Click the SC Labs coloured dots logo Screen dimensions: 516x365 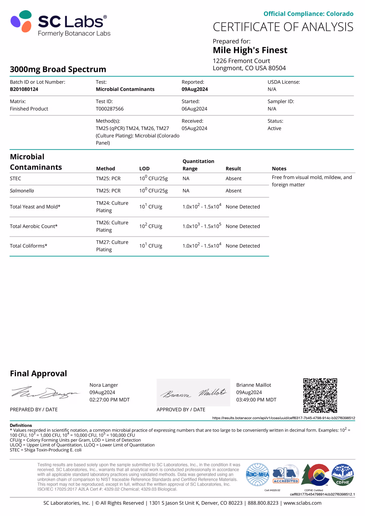tap(21, 21)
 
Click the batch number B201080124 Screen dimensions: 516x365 tap(24, 89)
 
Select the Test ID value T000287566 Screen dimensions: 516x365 tap(109, 109)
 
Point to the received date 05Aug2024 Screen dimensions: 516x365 tap(194, 128)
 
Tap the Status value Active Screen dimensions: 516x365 tap(274, 128)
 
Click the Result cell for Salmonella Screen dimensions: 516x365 tap(233, 191)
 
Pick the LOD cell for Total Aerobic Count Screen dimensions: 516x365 tap(151, 226)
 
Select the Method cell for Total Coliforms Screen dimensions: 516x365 tap(112, 246)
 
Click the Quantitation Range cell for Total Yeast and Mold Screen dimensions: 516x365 tap(202, 207)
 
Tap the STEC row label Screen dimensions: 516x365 tap(15, 179)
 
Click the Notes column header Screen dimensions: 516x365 tap(279, 169)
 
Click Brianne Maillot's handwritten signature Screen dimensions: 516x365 tap(193, 393)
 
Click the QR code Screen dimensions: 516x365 tap(320, 395)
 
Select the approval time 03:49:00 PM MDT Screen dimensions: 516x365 tap(256, 400)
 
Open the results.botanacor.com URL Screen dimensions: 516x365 tap(284, 418)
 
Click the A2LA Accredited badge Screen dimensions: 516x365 tap(286, 475)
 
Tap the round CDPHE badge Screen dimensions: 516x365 tap(342, 475)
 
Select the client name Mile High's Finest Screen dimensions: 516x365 tap(250, 50)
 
